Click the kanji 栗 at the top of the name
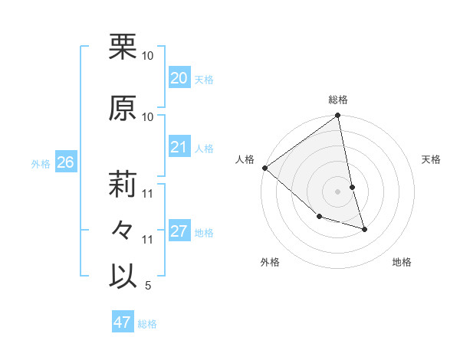(x=123, y=46)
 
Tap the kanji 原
(x=123, y=107)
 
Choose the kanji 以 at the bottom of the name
(x=123, y=276)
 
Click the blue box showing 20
(x=179, y=78)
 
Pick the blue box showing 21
(x=179, y=147)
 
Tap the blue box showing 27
(x=179, y=231)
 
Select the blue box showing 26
(x=65, y=162)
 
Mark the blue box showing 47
(x=122, y=322)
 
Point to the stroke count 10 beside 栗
(x=147, y=56)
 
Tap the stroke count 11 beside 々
(x=147, y=240)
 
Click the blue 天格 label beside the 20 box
(x=204, y=80)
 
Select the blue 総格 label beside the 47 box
(x=147, y=324)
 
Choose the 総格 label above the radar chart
(x=338, y=100)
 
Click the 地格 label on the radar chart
(x=402, y=262)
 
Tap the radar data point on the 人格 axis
(x=264, y=168)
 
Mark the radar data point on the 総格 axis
(x=338, y=116)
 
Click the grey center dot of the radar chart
(x=338, y=191)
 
